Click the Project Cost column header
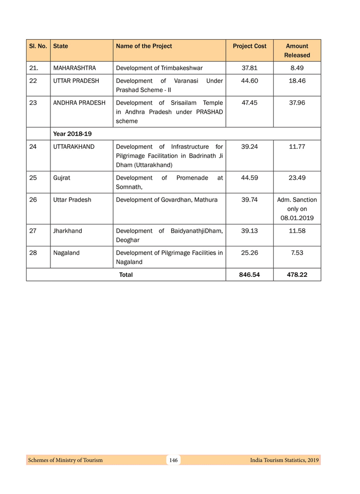pos(249,46)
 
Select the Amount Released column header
pos(297,50)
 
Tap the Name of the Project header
pos(144,46)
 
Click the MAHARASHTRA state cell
pos(75,68)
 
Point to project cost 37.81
pos(249,68)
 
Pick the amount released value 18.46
pos(297,81)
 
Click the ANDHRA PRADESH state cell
pos(79,103)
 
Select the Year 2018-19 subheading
pos(73,134)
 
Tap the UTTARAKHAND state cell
pos(74,147)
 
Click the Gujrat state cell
pos(62,178)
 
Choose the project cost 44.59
pos(249,178)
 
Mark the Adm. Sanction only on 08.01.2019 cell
pos(297,209)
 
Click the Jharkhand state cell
pos(67,231)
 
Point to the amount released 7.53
pos(297,253)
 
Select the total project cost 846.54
pos(249,275)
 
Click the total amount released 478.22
pos(297,275)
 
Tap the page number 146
pos(173,460)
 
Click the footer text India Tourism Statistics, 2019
pos(281,460)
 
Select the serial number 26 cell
pos(33,200)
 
